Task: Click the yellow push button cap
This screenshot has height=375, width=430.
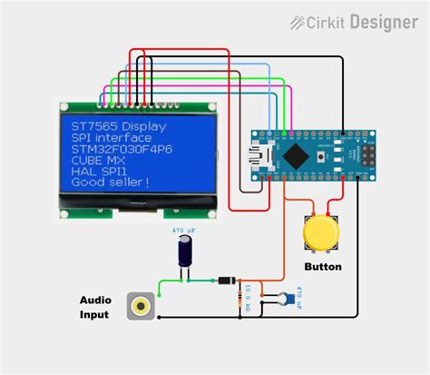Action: pos(318,232)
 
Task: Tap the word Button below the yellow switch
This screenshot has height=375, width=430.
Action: pos(322,267)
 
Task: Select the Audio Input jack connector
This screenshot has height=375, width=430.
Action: pos(140,306)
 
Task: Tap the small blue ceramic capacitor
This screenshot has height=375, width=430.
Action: pos(287,297)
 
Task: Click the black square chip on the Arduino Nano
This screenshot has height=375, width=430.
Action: pos(295,155)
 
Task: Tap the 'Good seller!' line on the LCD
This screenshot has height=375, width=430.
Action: pos(111,182)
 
